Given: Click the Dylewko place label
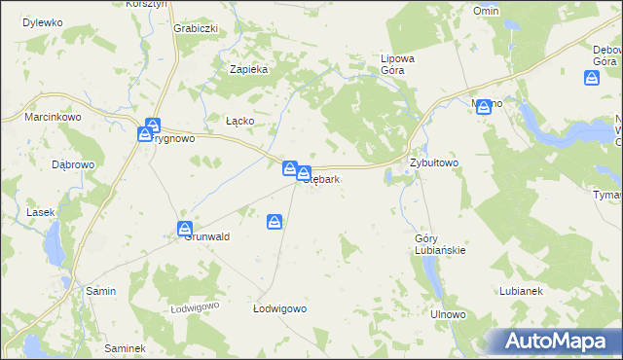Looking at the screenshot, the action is (x=42, y=21).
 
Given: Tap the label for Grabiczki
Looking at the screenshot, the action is (x=196, y=28).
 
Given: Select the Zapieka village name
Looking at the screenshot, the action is (x=247, y=69).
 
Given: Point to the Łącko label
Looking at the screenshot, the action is (x=239, y=121).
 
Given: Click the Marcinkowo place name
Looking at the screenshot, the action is (x=53, y=118).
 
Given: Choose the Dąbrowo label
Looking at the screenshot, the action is (x=73, y=164).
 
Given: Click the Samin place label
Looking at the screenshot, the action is (x=101, y=291).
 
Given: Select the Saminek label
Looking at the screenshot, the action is (x=125, y=348).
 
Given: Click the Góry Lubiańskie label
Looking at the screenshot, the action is (x=440, y=244).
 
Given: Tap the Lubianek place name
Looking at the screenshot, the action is (x=521, y=291).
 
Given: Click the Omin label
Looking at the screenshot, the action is (x=486, y=10).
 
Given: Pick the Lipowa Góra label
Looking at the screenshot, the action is (x=397, y=64).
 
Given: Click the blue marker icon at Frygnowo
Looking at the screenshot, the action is (x=153, y=126).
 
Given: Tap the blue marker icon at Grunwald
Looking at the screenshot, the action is (x=185, y=229).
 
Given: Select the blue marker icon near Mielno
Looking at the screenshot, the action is (x=484, y=107).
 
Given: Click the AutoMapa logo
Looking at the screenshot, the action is (x=559, y=341).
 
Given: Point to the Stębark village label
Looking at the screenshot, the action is (x=321, y=179).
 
